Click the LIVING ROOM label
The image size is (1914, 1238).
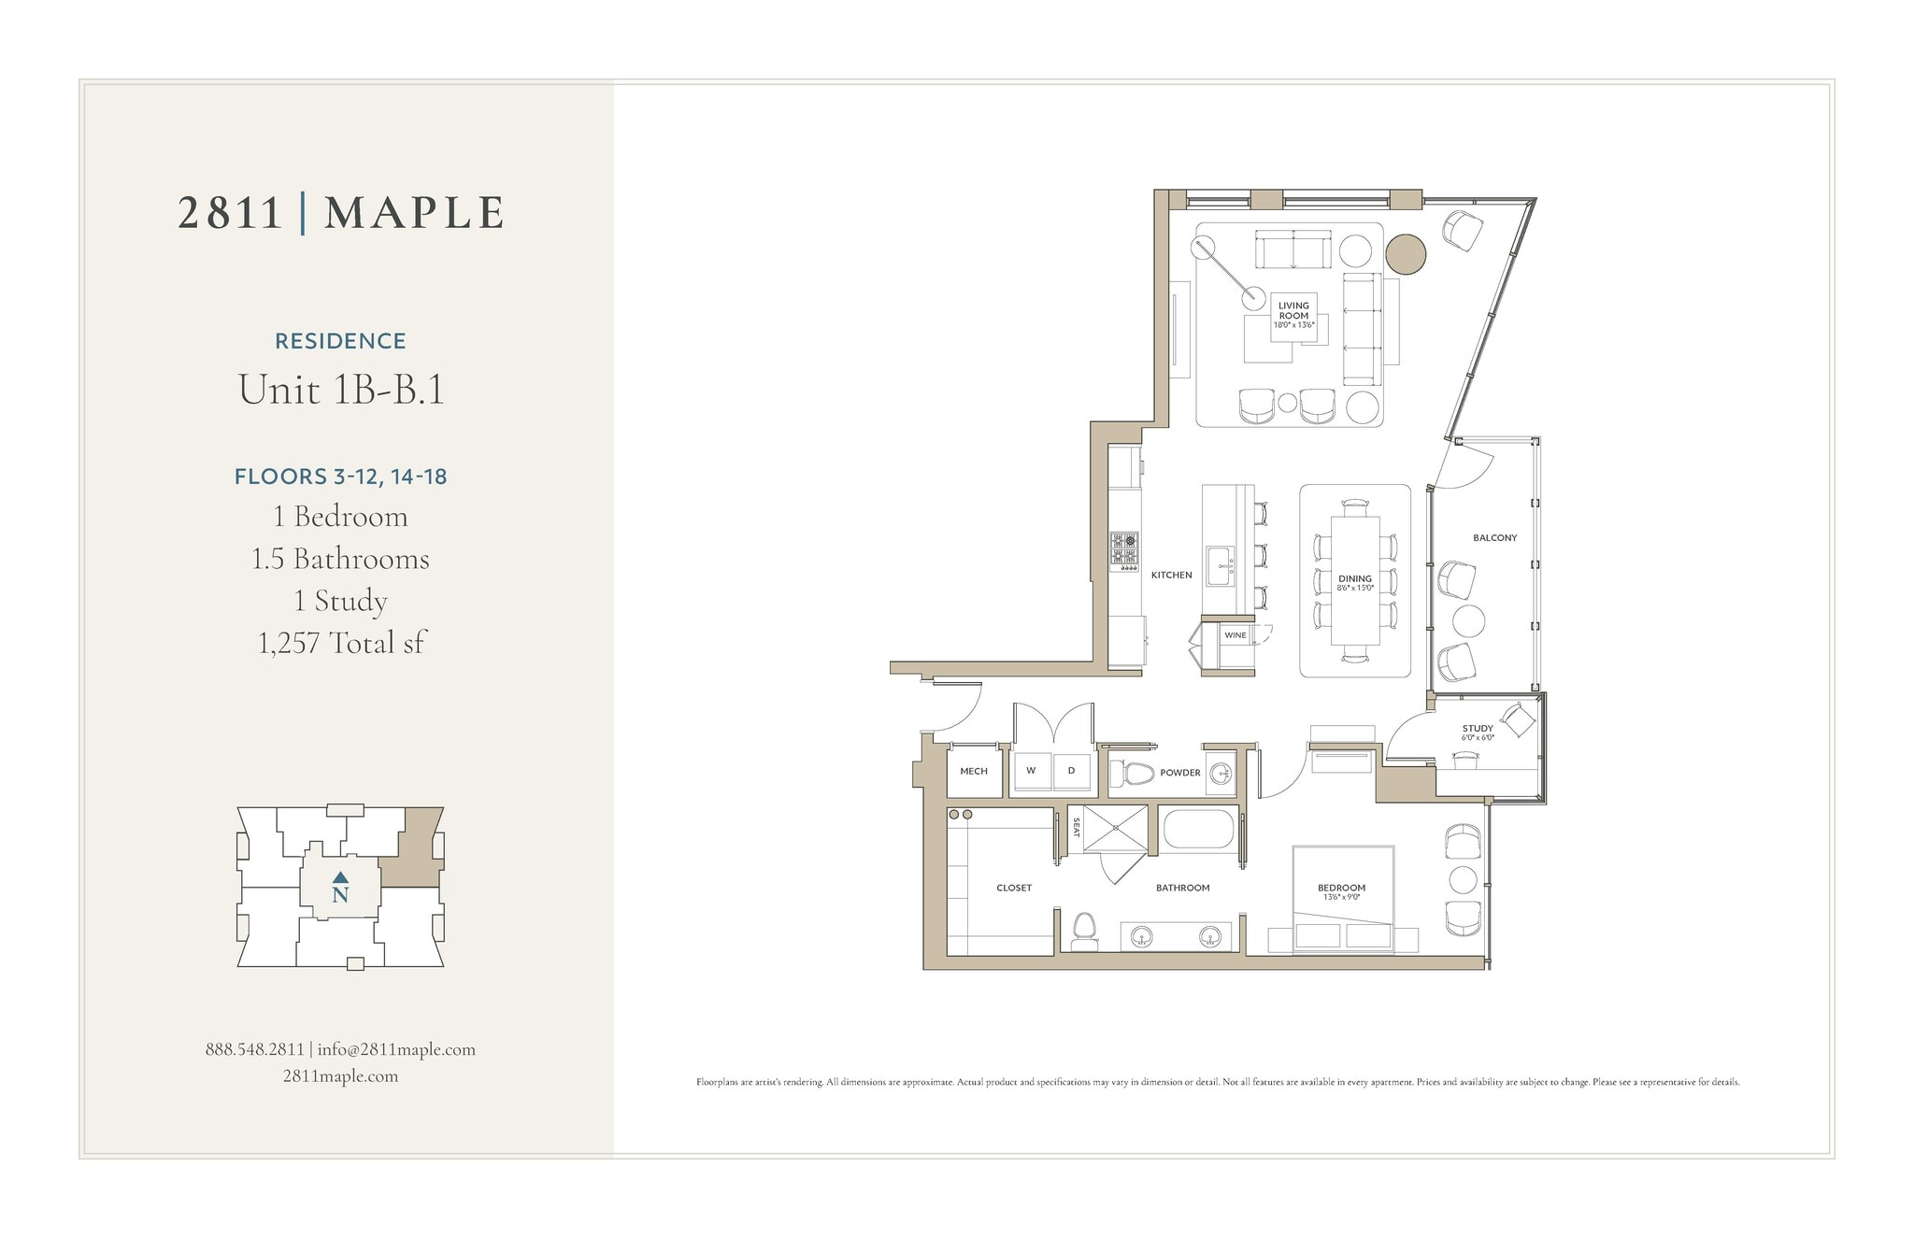(x=1293, y=311)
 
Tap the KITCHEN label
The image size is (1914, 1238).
(x=1171, y=575)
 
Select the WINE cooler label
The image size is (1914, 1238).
(x=1235, y=635)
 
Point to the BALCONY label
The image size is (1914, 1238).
(x=1494, y=538)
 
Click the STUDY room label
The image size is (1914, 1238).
(x=1478, y=729)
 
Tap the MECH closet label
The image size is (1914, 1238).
(x=973, y=772)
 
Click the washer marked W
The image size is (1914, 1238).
(x=1031, y=771)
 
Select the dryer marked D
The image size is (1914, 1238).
(x=1071, y=771)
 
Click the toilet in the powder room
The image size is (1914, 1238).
(x=1135, y=774)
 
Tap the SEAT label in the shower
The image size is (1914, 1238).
(x=1076, y=827)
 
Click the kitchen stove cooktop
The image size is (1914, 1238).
(x=1124, y=551)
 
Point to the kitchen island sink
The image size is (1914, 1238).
(x=1219, y=565)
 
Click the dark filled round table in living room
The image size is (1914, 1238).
(x=1405, y=253)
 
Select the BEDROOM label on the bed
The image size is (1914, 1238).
(x=1341, y=889)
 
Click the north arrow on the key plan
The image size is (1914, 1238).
(x=340, y=877)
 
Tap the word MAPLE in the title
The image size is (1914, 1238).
(x=414, y=213)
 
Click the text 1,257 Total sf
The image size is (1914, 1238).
(x=341, y=643)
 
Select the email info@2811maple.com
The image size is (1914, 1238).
(x=396, y=1049)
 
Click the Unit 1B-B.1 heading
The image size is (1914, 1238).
(x=341, y=390)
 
